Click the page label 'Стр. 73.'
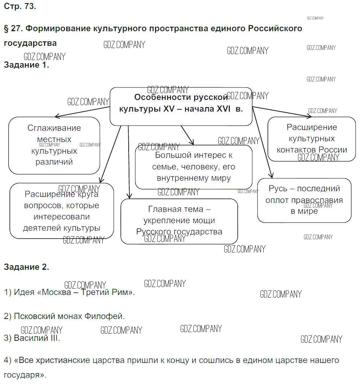pos(20,6)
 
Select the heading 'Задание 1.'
pos(26,65)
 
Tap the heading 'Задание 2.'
pos(26,267)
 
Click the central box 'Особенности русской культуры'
pos(181,106)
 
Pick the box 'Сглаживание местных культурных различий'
pos(54,145)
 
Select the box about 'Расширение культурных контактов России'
pos(311,139)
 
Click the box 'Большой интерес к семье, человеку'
pos(193,166)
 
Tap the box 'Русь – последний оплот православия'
pos(304,200)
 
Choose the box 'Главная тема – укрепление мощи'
pos(179,221)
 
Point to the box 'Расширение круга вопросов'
pos(61,211)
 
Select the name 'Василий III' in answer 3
pos(36,338)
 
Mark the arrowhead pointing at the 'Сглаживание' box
pos(56,116)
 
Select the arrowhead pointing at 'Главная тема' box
pos(129,196)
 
